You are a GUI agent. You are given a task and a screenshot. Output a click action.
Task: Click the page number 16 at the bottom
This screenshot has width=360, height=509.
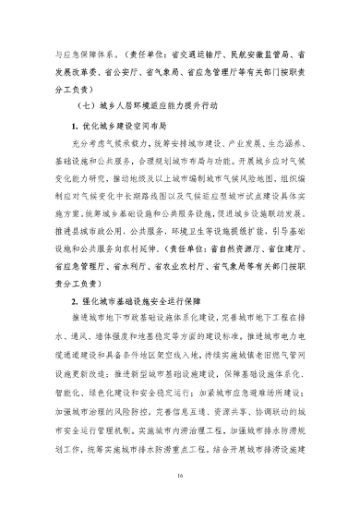(x=180, y=477)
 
